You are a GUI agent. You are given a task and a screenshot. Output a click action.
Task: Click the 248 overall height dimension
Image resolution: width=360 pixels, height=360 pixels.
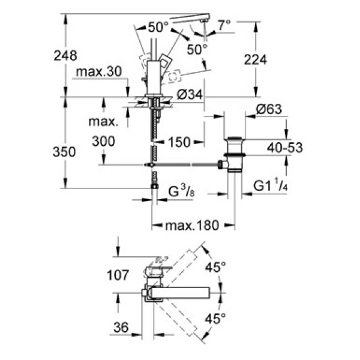[x=65, y=56]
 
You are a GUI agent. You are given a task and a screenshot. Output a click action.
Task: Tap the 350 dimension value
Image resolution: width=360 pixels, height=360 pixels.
[x=65, y=152]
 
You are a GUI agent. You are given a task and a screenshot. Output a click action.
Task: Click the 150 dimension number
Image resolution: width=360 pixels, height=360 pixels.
[x=179, y=142]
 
